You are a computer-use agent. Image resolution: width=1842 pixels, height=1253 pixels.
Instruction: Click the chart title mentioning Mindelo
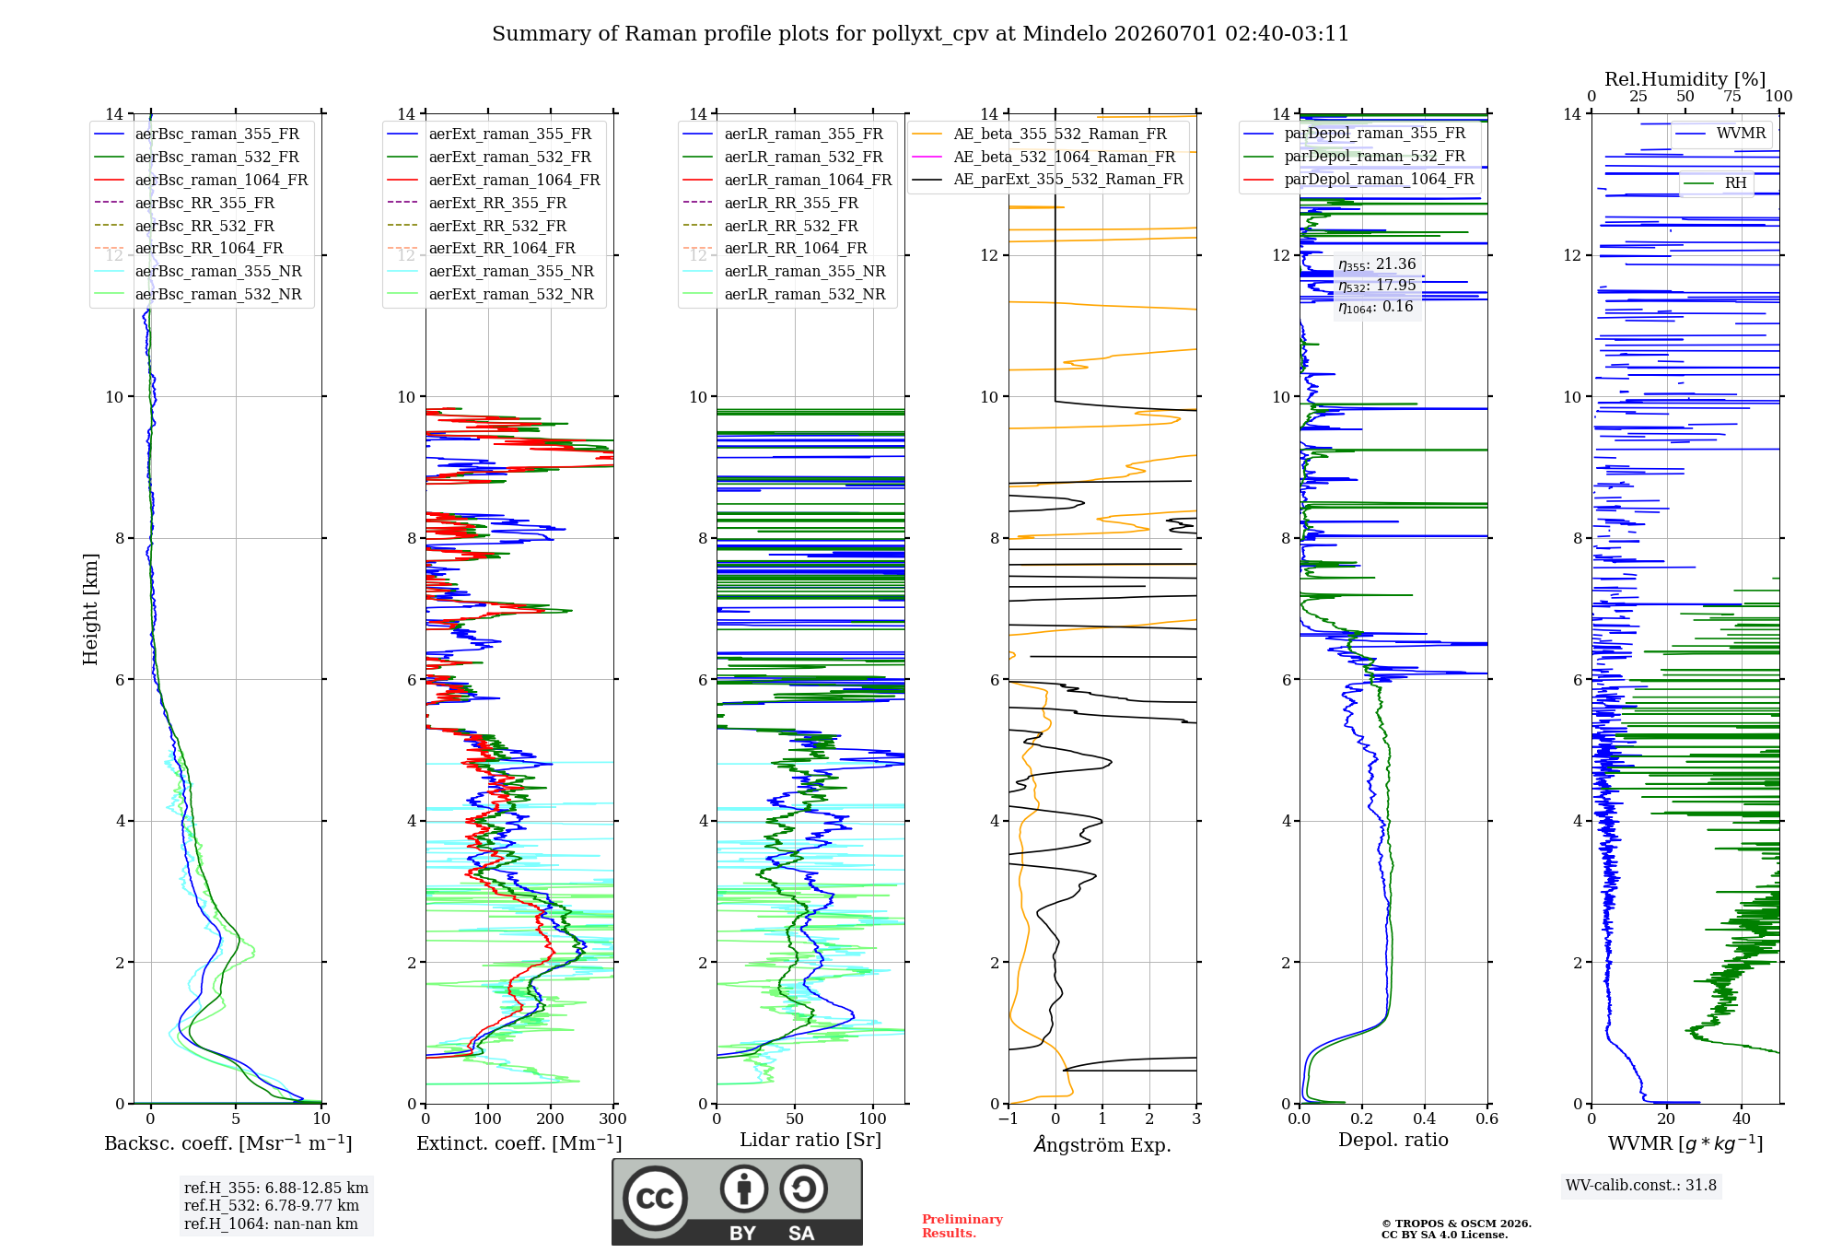[x=920, y=34]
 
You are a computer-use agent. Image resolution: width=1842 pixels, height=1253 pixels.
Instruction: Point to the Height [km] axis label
[x=90, y=609]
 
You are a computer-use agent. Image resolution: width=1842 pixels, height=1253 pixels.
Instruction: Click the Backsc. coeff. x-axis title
[x=228, y=1143]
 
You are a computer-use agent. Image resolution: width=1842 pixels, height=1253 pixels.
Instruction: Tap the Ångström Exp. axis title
[x=1102, y=1144]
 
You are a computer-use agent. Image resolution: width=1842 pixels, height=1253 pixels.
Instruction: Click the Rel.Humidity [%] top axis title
[x=1685, y=79]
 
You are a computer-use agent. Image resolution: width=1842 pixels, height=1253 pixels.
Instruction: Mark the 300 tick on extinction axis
[x=612, y=1118]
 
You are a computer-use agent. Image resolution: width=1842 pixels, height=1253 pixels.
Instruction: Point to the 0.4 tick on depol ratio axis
[x=1425, y=1118]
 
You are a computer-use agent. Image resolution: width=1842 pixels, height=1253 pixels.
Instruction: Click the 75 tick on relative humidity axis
[x=1732, y=96]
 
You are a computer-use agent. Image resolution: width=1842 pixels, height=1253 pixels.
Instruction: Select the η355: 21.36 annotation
[x=1377, y=264]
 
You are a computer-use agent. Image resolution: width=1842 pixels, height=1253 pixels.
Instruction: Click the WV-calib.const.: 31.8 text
[x=1641, y=1185]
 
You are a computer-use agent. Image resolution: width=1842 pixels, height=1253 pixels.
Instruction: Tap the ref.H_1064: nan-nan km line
[x=271, y=1224]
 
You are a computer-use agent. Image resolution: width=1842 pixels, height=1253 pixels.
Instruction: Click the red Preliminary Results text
[x=962, y=1226]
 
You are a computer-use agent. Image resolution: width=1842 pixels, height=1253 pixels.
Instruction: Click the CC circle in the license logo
[x=655, y=1198]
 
